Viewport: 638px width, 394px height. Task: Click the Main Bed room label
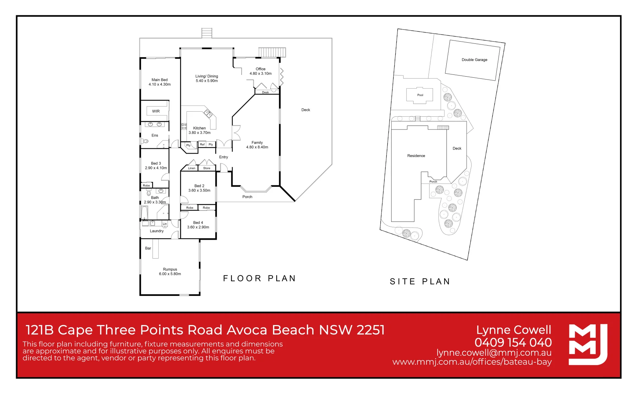click(159, 80)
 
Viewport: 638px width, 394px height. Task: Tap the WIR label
click(156, 111)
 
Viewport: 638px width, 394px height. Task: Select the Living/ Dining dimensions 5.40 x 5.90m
click(207, 81)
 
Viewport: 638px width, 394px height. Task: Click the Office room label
click(261, 69)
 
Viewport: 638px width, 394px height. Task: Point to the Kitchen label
click(199, 128)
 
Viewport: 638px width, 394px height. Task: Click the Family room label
click(257, 143)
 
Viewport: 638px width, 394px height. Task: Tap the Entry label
click(223, 157)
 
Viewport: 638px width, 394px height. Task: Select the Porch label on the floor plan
click(247, 197)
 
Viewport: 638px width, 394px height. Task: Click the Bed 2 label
click(199, 186)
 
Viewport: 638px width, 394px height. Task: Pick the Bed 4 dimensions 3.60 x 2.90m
click(198, 227)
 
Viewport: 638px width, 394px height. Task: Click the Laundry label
click(157, 231)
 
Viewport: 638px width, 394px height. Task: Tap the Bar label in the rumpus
click(148, 248)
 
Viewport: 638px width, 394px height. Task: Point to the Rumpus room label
click(170, 269)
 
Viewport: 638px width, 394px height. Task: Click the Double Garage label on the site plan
click(474, 60)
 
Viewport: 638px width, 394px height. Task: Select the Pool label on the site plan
click(420, 95)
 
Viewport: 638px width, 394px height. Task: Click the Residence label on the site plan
click(416, 156)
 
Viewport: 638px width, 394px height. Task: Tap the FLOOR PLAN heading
click(260, 279)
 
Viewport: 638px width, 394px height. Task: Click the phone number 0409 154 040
click(513, 343)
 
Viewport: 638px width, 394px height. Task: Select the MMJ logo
click(588, 344)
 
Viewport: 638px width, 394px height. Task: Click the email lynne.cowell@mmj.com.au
click(494, 353)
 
